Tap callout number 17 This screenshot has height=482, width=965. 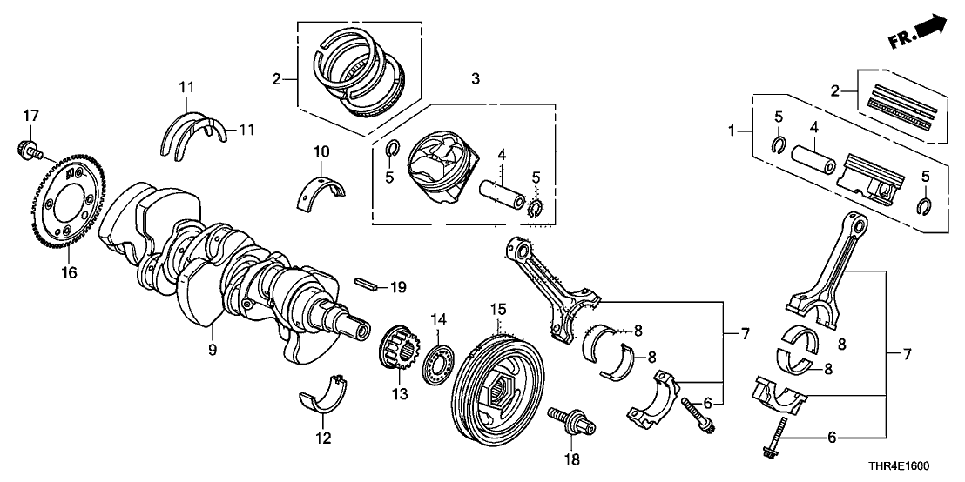click(x=30, y=115)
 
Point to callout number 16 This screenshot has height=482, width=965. click(x=68, y=273)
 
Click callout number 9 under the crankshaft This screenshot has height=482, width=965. click(x=211, y=350)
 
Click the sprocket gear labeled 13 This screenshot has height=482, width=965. click(x=397, y=353)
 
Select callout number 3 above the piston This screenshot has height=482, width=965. click(x=475, y=80)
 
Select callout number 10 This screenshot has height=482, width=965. click(x=321, y=153)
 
